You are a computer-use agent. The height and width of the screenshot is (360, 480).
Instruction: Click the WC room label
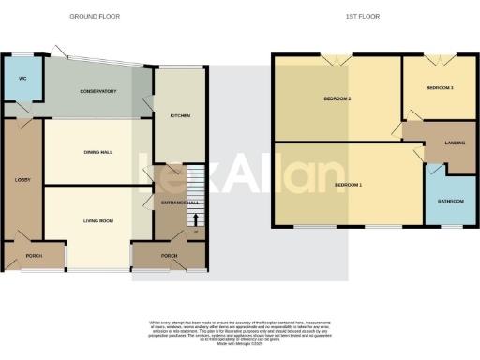click(22, 79)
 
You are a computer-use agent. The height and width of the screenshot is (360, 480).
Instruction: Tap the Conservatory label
click(97, 91)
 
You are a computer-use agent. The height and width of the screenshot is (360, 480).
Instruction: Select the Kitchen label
click(180, 115)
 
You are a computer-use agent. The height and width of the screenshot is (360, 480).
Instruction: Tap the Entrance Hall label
click(179, 202)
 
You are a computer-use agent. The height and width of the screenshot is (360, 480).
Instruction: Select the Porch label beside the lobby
click(34, 255)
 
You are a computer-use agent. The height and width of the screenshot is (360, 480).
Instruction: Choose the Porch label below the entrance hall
click(170, 255)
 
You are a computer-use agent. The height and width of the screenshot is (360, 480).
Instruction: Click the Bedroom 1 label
click(348, 185)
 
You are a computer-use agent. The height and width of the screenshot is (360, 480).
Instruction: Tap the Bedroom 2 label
click(337, 98)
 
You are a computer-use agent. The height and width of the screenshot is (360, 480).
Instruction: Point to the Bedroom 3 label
click(439, 88)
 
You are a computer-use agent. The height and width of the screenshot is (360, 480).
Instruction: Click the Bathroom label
click(450, 201)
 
